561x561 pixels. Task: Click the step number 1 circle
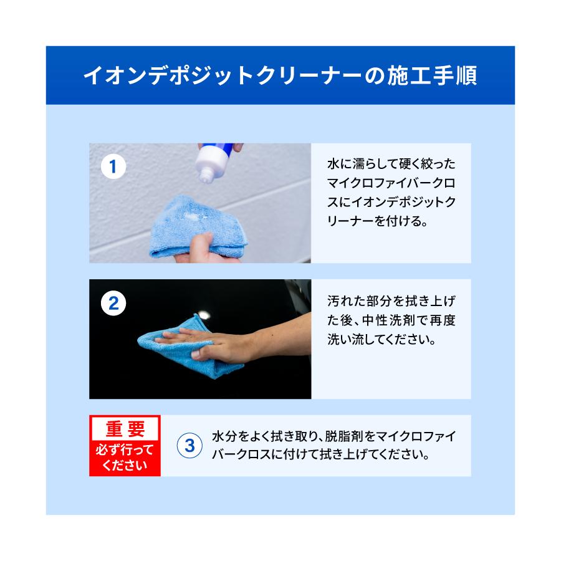(x=113, y=167)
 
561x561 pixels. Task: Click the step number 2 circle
(x=113, y=304)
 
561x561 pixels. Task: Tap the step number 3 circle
(x=190, y=445)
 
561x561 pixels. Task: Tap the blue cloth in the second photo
(x=187, y=346)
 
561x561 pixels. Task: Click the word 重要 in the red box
(x=125, y=429)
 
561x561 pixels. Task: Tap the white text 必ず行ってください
(x=125, y=458)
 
